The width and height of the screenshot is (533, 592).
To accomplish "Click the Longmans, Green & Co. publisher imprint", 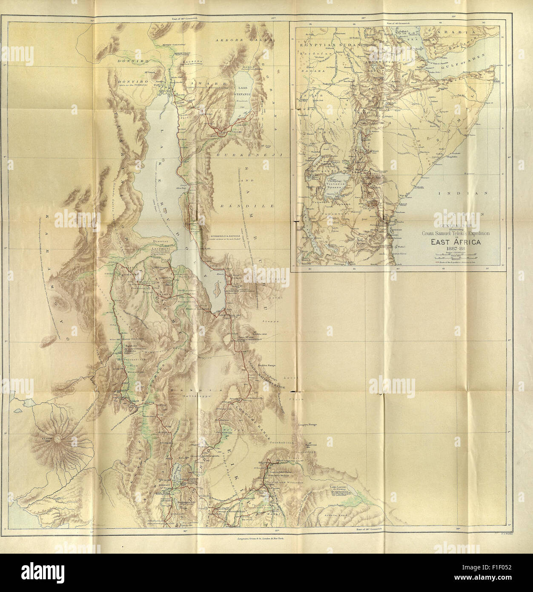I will click(x=261, y=538).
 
